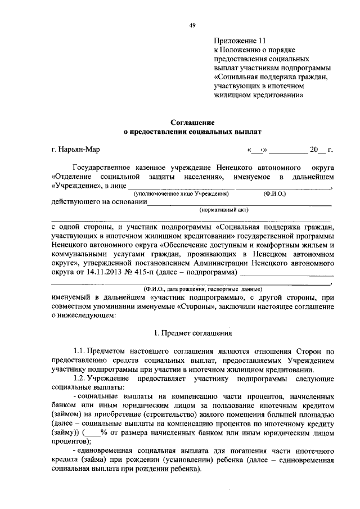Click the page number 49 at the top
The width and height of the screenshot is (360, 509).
point(192,25)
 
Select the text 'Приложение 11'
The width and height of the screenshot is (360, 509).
point(238,41)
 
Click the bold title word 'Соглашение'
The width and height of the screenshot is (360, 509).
point(192,121)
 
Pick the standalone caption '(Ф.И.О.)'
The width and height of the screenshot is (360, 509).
point(274,194)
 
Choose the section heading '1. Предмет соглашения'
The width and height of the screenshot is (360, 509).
point(192,334)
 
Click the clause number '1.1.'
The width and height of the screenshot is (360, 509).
point(81,352)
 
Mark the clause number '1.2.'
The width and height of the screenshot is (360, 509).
point(81,379)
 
